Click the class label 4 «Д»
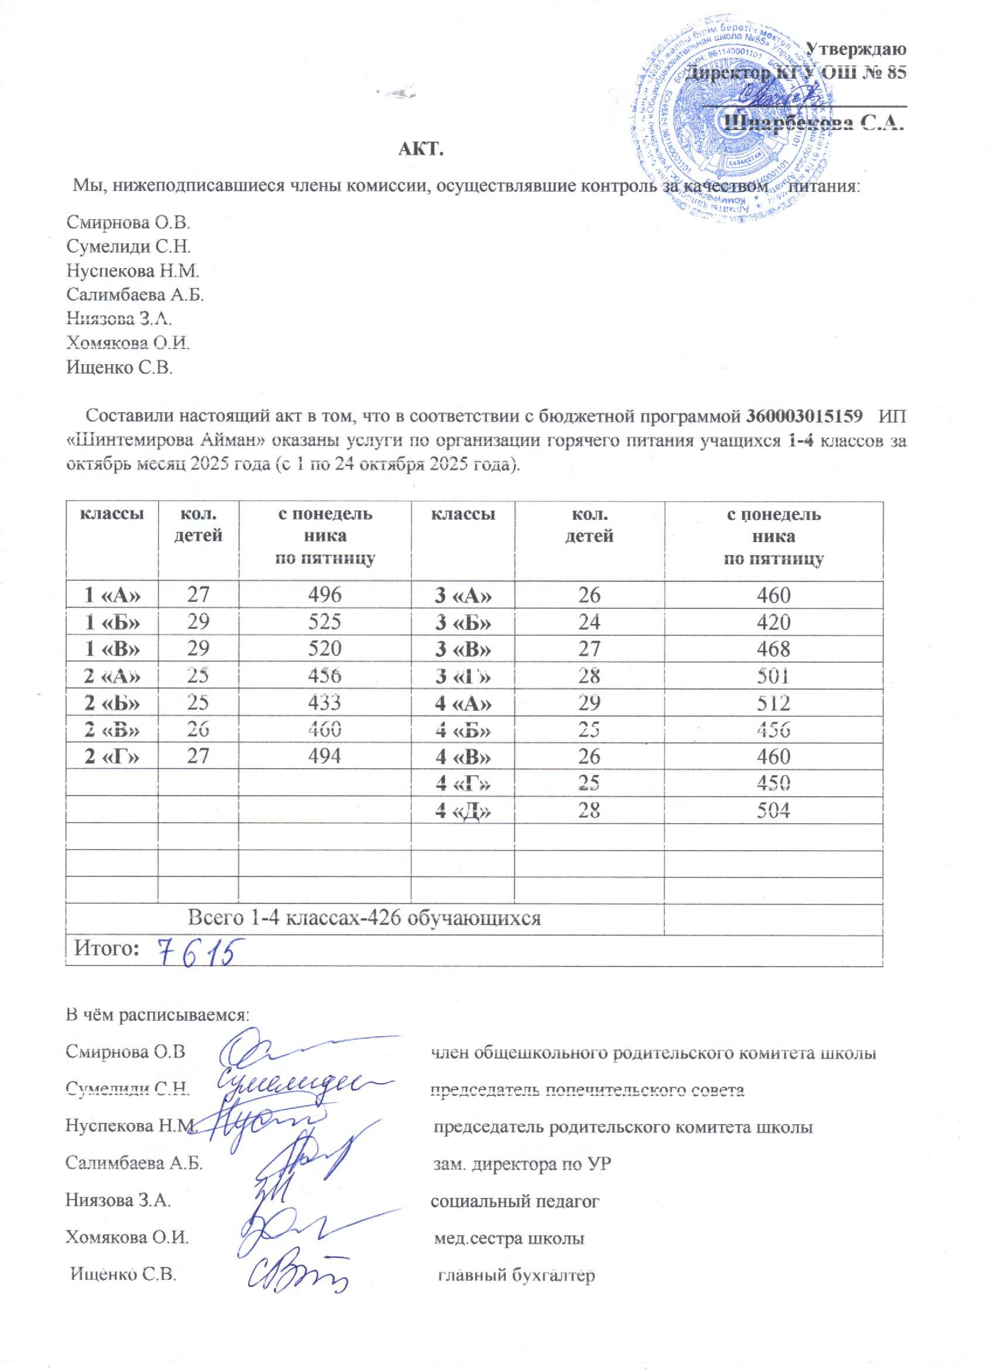[x=462, y=812]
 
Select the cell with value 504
[x=774, y=812]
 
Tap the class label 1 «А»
[x=112, y=596]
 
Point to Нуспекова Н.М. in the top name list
[x=132, y=272]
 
